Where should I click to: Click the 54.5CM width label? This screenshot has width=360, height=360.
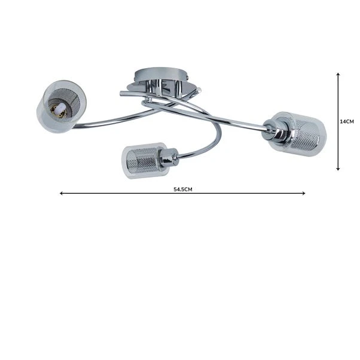(182, 188)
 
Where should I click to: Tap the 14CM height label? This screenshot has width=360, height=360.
(347, 121)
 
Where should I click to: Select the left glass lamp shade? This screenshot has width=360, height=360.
(62, 105)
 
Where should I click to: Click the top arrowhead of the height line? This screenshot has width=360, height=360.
(338, 75)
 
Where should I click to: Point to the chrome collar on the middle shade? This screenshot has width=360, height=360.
(170, 158)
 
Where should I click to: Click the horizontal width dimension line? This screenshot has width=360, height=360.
(239, 193)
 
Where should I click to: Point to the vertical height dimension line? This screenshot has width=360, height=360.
(338, 144)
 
